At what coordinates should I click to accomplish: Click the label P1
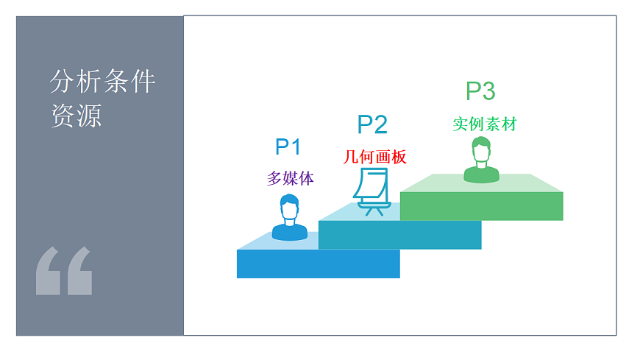click(x=288, y=147)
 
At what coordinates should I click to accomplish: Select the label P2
click(x=371, y=124)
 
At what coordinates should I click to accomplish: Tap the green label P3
click(x=480, y=91)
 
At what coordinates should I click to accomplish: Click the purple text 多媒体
click(x=290, y=178)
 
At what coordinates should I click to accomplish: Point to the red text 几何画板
click(x=374, y=157)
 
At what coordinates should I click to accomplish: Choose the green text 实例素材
click(x=484, y=124)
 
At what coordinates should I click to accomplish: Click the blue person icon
click(x=290, y=218)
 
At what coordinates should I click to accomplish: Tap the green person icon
click(x=481, y=160)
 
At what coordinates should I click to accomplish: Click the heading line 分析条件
click(x=102, y=82)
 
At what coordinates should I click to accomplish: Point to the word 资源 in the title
click(x=76, y=116)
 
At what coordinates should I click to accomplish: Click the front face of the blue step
click(x=318, y=264)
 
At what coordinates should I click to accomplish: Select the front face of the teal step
click(x=399, y=235)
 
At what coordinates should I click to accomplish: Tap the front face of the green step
click(x=481, y=206)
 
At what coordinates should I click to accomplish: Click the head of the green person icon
click(x=481, y=151)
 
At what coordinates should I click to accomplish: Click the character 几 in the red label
click(x=350, y=157)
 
